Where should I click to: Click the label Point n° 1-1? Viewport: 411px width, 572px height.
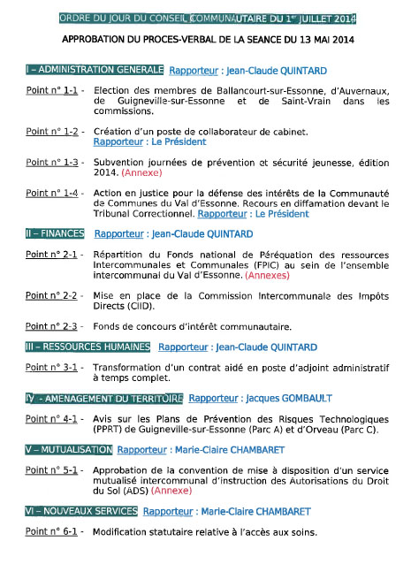click(51, 91)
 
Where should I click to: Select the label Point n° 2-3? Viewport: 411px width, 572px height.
click(51, 326)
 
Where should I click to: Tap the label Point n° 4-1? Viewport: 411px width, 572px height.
click(51, 418)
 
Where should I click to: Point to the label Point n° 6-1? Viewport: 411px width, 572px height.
click(51, 532)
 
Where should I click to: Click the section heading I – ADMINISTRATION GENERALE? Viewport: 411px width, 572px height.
click(95, 69)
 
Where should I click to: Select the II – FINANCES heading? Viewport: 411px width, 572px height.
click(56, 233)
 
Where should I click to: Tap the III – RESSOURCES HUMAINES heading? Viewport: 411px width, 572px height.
click(88, 347)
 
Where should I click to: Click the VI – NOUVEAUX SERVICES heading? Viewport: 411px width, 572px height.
click(80, 511)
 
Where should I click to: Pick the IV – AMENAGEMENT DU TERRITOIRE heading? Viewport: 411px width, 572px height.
click(103, 398)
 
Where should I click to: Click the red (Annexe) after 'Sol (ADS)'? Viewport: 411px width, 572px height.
click(171, 490)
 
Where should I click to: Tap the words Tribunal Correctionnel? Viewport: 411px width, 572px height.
click(142, 213)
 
